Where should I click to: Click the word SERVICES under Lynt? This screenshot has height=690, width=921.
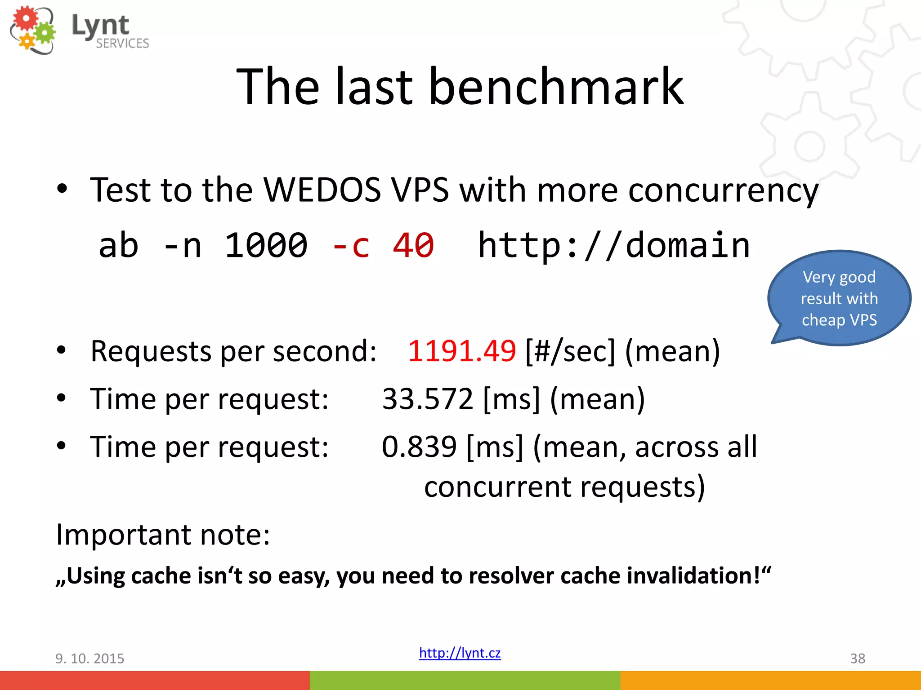[x=122, y=43]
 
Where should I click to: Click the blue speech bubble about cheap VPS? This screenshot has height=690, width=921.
[x=839, y=298]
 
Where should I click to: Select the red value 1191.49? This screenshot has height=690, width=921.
[x=461, y=351]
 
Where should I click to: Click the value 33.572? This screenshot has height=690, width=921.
[x=427, y=399]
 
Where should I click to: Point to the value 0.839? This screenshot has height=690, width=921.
[x=419, y=447]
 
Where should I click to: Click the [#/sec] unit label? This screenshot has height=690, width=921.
[x=570, y=351]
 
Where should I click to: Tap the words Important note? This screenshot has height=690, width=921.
[x=163, y=535]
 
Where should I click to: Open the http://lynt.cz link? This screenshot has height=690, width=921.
[x=460, y=653]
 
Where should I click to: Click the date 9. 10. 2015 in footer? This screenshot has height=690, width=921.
[x=89, y=659]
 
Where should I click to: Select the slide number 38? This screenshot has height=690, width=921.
[x=858, y=659]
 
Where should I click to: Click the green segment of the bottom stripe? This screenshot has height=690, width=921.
[x=465, y=680]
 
